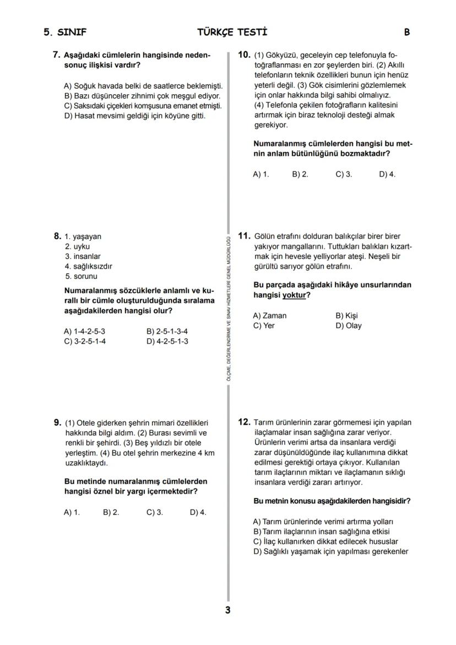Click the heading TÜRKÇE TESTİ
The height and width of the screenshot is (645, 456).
point(232,32)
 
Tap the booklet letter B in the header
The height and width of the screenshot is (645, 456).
point(407,32)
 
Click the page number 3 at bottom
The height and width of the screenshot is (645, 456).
point(227,610)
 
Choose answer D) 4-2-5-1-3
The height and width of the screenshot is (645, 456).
point(167,341)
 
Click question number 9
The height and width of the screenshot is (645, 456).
point(57,422)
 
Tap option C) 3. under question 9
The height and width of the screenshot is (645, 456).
point(155,512)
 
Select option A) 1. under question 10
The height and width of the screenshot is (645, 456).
point(261,174)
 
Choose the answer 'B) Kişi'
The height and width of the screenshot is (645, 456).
point(346,316)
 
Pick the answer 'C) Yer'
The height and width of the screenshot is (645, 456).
point(264,326)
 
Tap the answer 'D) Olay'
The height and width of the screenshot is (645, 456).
point(348,326)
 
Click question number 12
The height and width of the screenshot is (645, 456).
point(244,422)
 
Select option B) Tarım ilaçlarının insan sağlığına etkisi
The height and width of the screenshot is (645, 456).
point(321,532)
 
